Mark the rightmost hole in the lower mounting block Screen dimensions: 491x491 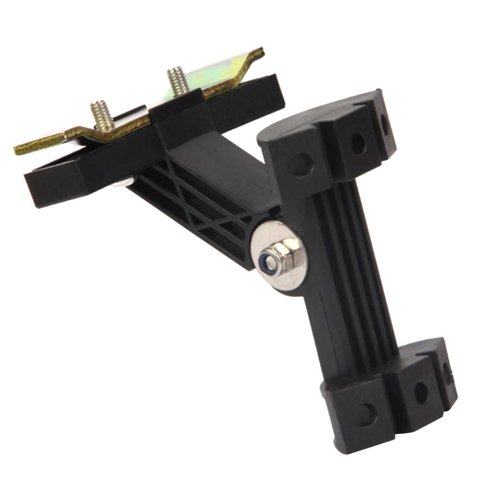point(447,373)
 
